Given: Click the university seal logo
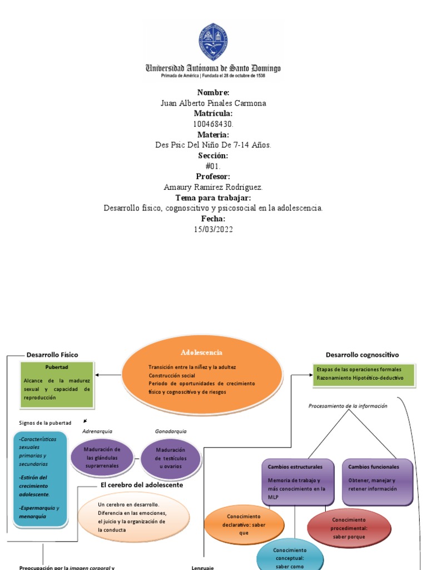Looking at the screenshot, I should click(x=213, y=42).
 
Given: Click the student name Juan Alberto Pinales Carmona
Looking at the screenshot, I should click(x=213, y=103).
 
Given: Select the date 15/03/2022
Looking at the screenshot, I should click(x=213, y=229).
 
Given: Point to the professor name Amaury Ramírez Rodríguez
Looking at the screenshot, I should click(x=213, y=187).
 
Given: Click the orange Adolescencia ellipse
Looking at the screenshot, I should click(x=202, y=374).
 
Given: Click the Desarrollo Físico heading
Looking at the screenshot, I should click(x=52, y=355).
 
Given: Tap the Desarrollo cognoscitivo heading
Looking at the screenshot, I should click(x=362, y=355).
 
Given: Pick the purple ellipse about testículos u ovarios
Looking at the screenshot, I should click(x=170, y=458).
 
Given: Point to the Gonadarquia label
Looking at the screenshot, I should click(x=171, y=431).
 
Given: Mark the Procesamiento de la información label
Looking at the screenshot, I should click(x=347, y=406).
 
